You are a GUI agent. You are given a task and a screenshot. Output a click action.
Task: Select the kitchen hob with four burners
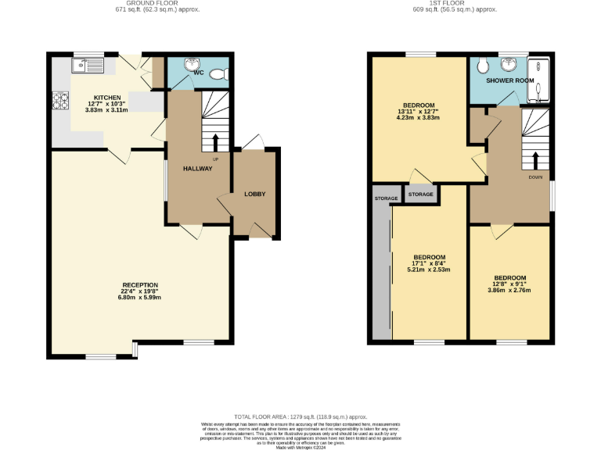click(59, 101)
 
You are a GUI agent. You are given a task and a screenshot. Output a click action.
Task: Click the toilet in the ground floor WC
click(221, 73)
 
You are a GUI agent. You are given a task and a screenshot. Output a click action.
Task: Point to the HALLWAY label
click(197, 169)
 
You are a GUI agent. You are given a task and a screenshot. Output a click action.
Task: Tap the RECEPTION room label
click(140, 285)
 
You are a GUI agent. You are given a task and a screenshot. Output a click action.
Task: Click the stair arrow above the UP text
click(216, 143)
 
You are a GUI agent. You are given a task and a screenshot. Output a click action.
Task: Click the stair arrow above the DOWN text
click(535, 160)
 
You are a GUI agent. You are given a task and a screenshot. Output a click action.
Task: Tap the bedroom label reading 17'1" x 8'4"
click(429, 257)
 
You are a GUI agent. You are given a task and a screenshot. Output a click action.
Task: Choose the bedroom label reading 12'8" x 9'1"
click(509, 277)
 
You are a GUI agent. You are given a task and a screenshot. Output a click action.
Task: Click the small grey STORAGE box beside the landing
click(420, 194)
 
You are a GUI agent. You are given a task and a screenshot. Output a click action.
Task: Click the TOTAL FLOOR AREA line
click(300, 417)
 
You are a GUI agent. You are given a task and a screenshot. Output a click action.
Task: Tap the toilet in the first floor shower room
click(484, 64)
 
